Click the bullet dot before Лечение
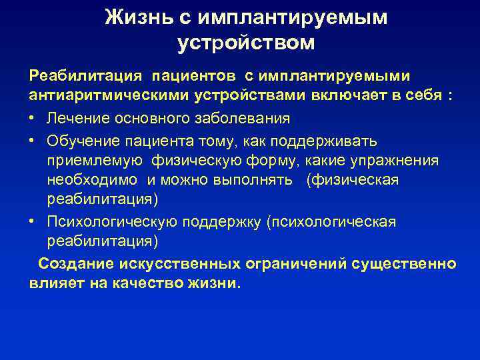[33, 119]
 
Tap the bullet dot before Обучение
[33, 141]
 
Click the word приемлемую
[95, 161]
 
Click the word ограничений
[292, 263]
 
